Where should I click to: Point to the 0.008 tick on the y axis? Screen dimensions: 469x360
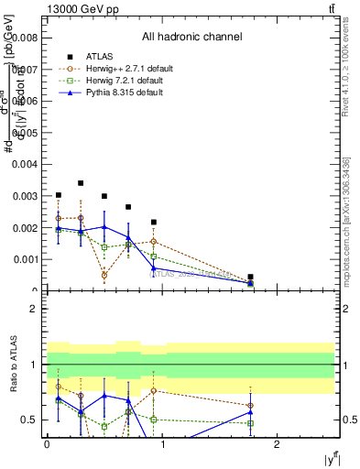pyautogui.click(x=27, y=38)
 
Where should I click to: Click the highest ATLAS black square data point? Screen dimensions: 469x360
pyautogui.click(x=81, y=183)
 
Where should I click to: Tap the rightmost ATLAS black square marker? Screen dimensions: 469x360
pyautogui.click(x=250, y=277)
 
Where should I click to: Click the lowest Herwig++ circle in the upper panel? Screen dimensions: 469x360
pyautogui.click(x=104, y=275)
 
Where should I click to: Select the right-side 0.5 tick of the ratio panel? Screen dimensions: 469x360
pyautogui.click(x=347, y=420)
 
